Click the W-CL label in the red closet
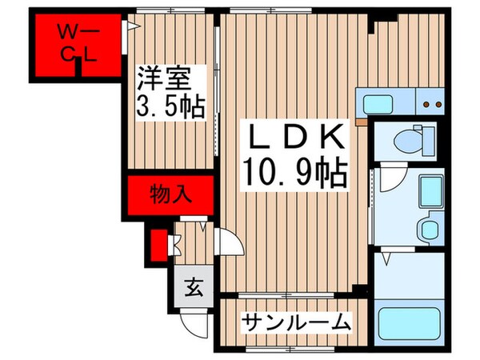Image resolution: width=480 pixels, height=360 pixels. coord(78,43)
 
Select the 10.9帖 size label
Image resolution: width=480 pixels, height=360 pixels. coord(294,170)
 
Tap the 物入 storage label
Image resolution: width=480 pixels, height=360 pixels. coord(168,193)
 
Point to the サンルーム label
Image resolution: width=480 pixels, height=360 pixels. coord(297,322)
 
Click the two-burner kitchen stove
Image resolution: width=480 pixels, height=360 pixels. coord(433,104)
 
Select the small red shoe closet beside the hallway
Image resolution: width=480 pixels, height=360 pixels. coord(158,247)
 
